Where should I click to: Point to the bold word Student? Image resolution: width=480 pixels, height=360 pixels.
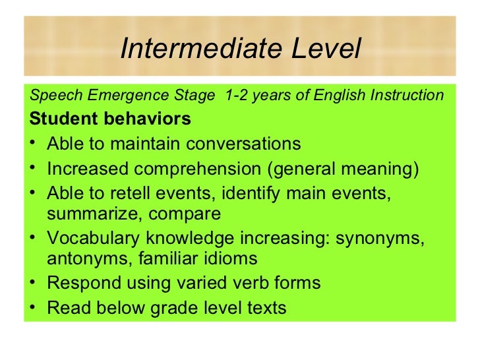coord(65,119)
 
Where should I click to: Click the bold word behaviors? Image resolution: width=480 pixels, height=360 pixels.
coord(149,119)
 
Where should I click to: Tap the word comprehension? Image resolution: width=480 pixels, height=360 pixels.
coord(191,168)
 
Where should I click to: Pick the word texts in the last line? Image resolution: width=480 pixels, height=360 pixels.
coord(263,308)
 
